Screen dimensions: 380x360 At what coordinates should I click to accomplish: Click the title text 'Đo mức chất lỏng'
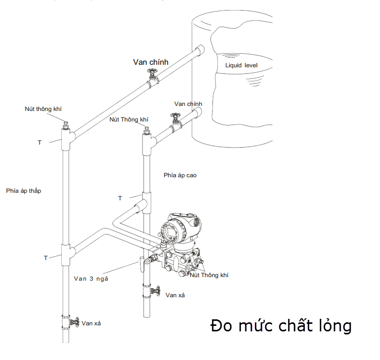click(x=281, y=325)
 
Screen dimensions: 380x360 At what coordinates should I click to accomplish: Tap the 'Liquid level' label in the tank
click(x=241, y=65)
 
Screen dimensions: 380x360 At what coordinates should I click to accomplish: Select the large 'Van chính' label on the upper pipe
click(x=151, y=62)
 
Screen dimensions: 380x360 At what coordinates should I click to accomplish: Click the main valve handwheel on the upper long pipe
click(x=152, y=72)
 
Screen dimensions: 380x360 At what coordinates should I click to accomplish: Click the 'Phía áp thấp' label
click(x=24, y=191)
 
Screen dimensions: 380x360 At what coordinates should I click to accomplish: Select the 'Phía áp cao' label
click(x=180, y=175)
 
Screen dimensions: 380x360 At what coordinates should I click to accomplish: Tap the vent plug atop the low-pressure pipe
click(x=65, y=126)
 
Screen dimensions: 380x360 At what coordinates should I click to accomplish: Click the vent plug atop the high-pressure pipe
click(x=146, y=131)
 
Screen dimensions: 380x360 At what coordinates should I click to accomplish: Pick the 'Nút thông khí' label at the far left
click(x=43, y=109)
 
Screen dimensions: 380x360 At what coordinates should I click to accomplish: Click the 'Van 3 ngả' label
click(x=91, y=279)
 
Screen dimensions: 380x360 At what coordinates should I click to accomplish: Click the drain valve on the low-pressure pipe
click(x=74, y=322)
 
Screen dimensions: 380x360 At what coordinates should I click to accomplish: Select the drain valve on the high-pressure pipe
click(x=155, y=291)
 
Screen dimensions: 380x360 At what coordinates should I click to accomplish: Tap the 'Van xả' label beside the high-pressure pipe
click(x=175, y=295)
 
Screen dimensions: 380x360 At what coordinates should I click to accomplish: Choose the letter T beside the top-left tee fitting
click(x=40, y=143)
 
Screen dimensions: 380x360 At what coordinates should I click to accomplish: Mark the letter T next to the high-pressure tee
click(x=120, y=198)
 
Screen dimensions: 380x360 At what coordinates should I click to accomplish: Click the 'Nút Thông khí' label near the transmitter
click(x=209, y=275)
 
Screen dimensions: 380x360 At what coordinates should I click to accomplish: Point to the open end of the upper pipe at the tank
click(x=200, y=50)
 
